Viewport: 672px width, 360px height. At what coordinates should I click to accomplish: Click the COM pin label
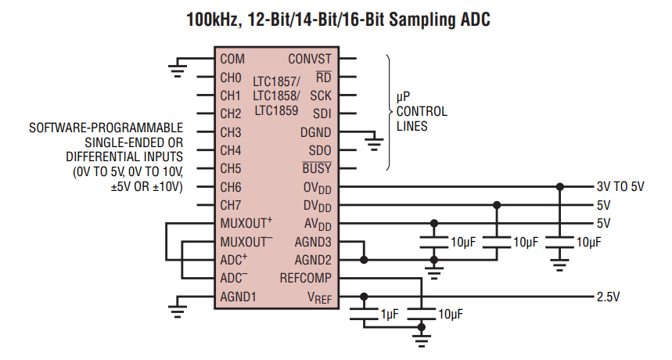click(x=232, y=59)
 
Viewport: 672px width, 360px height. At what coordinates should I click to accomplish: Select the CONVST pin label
click(x=310, y=59)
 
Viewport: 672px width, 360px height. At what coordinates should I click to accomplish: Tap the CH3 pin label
click(x=231, y=132)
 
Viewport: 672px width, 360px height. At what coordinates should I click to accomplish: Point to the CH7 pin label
click(x=231, y=205)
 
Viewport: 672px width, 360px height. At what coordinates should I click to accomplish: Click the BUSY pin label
click(x=317, y=168)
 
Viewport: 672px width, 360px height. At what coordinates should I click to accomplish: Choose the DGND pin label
click(x=315, y=132)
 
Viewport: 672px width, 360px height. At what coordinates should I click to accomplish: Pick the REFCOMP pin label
click(x=305, y=278)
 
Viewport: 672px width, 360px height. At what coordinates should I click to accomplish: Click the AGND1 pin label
click(x=238, y=297)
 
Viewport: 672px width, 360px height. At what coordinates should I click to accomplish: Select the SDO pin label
click(x=319, y=150)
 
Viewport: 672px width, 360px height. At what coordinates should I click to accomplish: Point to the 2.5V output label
click(x=608, y=297)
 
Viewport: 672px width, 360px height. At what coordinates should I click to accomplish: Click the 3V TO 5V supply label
click(x=620, y=187)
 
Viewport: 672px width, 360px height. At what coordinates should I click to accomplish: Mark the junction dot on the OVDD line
click(x=559, y=187)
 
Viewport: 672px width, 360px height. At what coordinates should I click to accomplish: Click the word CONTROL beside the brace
click(x=422, y=110)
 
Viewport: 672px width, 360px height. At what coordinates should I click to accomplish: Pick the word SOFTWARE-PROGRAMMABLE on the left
click(x=106, y=127)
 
